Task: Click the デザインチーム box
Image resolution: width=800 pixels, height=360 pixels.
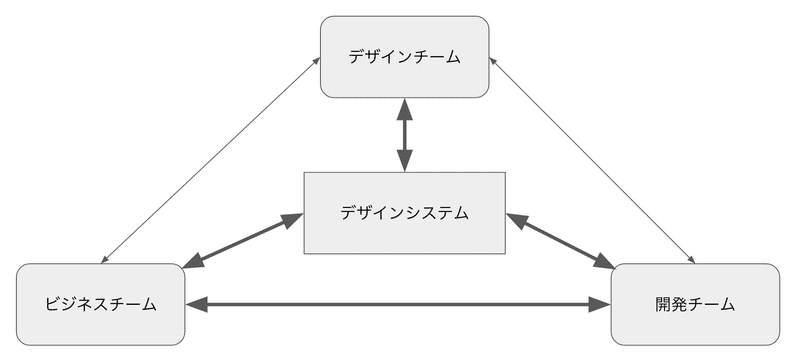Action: (405, 57)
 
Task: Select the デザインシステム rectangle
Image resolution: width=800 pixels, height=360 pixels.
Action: (405, 213)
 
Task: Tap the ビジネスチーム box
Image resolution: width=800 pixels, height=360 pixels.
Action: (101, 304)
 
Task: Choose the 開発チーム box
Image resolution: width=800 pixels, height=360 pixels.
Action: (695, 304)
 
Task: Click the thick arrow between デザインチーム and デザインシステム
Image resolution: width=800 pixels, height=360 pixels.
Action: (405, 135)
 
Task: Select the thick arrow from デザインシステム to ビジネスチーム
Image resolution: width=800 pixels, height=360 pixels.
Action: (243, 240)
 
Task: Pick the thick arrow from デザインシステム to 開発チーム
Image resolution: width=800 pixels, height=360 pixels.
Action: (560, 241)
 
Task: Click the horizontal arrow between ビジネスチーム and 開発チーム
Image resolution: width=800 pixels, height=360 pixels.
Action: (398, 304)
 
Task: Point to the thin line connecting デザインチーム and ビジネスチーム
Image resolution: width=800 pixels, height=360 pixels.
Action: (211, 160)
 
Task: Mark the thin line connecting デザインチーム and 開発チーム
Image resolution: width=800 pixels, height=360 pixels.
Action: (592, 160)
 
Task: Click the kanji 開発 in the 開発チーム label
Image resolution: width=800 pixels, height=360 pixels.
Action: (671, 304)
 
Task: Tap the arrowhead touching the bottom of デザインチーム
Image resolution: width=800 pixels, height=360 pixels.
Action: (405, 108)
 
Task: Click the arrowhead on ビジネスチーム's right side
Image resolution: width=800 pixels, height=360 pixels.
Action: (196, 304)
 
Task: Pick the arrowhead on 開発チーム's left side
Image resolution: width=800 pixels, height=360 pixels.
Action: (600, 304)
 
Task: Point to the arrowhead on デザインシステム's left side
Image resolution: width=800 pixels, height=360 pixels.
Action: (293, 219)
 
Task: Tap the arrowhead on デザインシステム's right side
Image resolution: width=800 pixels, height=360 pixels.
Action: (516, 220)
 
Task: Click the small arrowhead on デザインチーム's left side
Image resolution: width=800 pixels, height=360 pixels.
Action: (317, 61)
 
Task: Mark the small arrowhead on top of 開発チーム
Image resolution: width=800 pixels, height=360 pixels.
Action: (691, 260)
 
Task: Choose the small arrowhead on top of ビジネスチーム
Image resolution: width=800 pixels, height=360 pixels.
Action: (105, 260)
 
